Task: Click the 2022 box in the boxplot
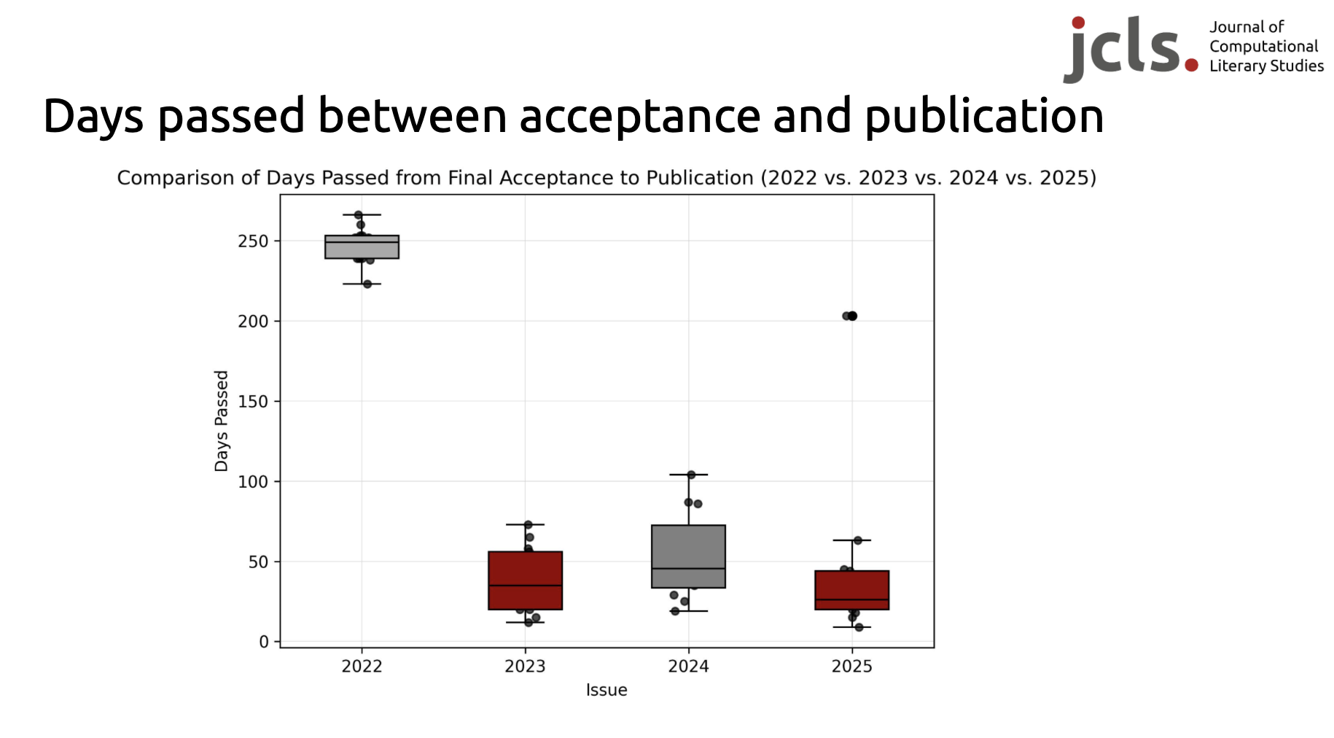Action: pos(362,246)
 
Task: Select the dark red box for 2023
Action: pos(525,580)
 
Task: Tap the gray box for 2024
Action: pos(688,556)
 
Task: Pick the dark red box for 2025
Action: pos(851,589)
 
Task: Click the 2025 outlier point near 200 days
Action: pos(851,316)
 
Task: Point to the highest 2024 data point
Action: pos(691,475)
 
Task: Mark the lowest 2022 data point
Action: pos(367,284)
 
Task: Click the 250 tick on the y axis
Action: pos(253,241)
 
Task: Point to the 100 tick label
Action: pos(253,482)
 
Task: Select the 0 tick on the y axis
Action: pos(264,642)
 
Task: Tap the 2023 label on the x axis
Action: pos(525,667)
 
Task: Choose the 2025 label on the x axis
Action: pos(851,667)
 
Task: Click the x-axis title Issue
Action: pos(606,691)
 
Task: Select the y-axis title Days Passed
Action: pos(222,421)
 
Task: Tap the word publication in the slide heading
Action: pos(984,117)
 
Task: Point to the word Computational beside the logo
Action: pos(1263,47)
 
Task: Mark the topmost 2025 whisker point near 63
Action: pos(857,540)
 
